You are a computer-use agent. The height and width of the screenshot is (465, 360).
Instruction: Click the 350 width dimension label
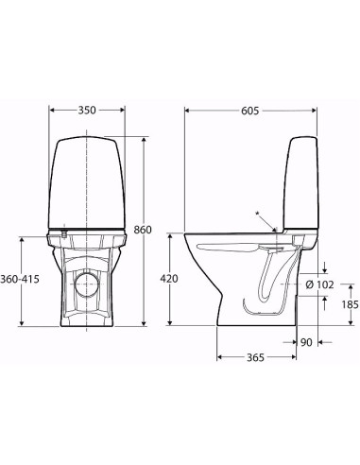click(x=86, y=111)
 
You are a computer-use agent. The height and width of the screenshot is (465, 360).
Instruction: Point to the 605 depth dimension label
click(x=251, y=111)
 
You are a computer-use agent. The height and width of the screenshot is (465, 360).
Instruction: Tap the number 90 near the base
click(x=305, y=343)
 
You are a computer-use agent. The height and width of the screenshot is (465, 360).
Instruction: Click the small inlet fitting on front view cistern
click(x=60, y=232)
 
